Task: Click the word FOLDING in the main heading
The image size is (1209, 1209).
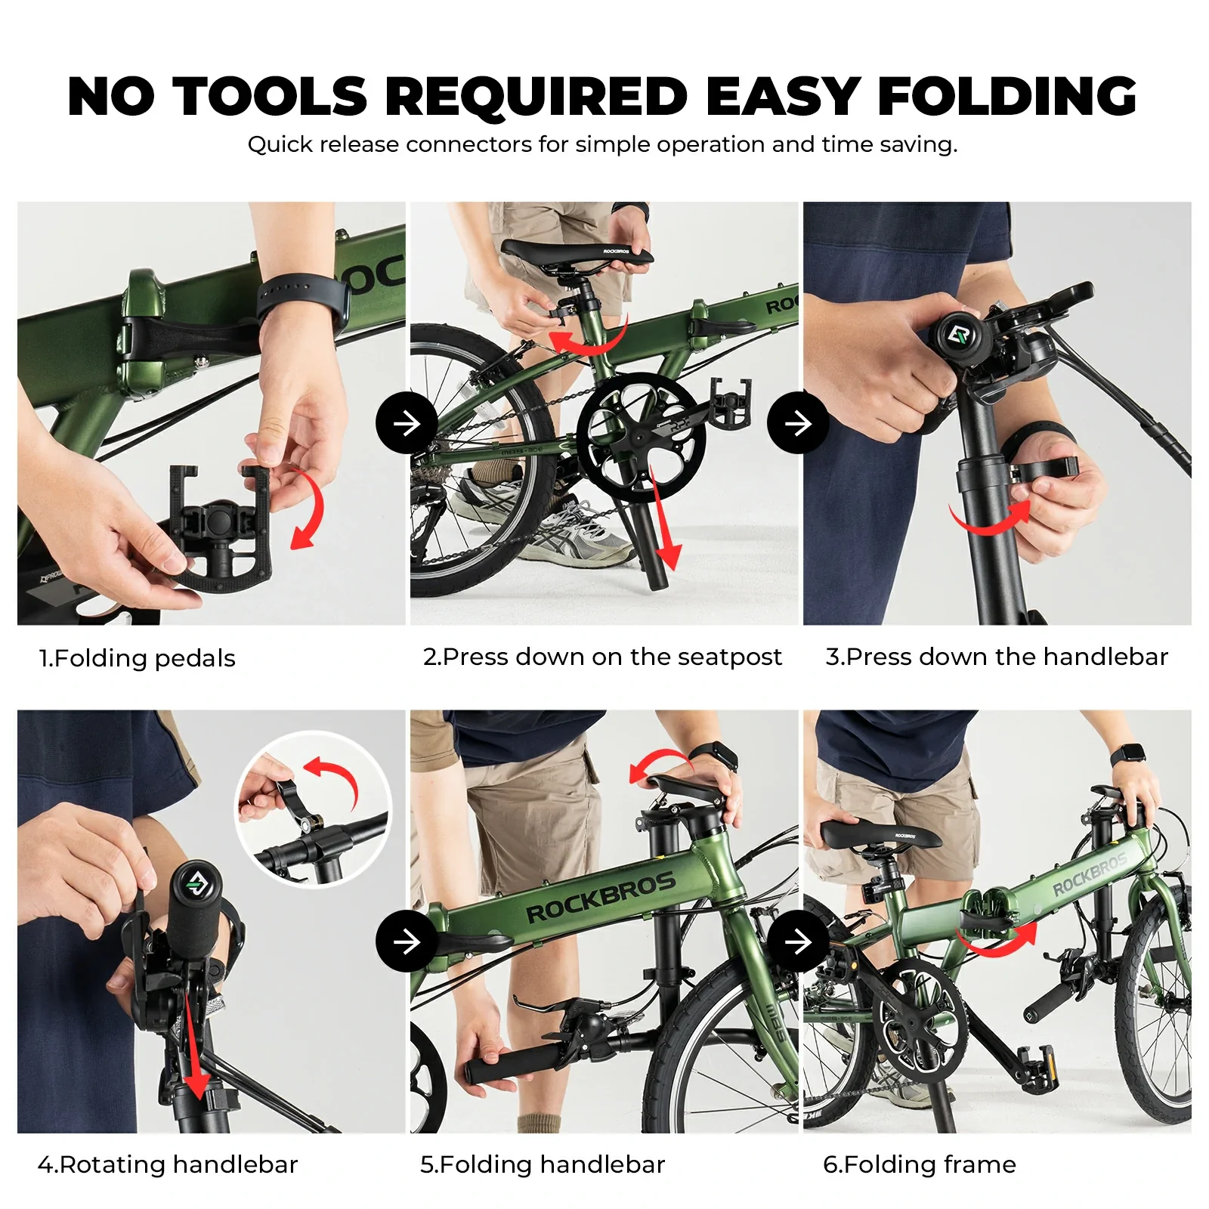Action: point(1006,97)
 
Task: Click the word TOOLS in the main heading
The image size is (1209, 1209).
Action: point(270,97)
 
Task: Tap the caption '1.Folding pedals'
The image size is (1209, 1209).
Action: point(138,658)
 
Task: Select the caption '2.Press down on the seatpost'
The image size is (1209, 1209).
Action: point(602,657)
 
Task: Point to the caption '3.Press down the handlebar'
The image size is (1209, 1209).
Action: point(997,657)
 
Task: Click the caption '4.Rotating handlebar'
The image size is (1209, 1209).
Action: point(168,1164)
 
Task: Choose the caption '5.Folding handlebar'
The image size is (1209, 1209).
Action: point(543,1164)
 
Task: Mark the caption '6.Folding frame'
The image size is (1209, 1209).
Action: point(919,1164)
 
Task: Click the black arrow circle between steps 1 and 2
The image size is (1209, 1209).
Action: point(407,423)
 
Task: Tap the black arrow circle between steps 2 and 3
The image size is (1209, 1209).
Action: point(798,423)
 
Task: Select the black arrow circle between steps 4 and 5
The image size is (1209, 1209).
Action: point(407,942)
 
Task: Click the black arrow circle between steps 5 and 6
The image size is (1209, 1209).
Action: point(798,942)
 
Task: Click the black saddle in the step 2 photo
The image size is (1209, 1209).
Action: point(576,254)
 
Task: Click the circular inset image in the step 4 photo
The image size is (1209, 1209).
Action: point(314,809)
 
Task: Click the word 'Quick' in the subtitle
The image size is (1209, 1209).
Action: point(280,144)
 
